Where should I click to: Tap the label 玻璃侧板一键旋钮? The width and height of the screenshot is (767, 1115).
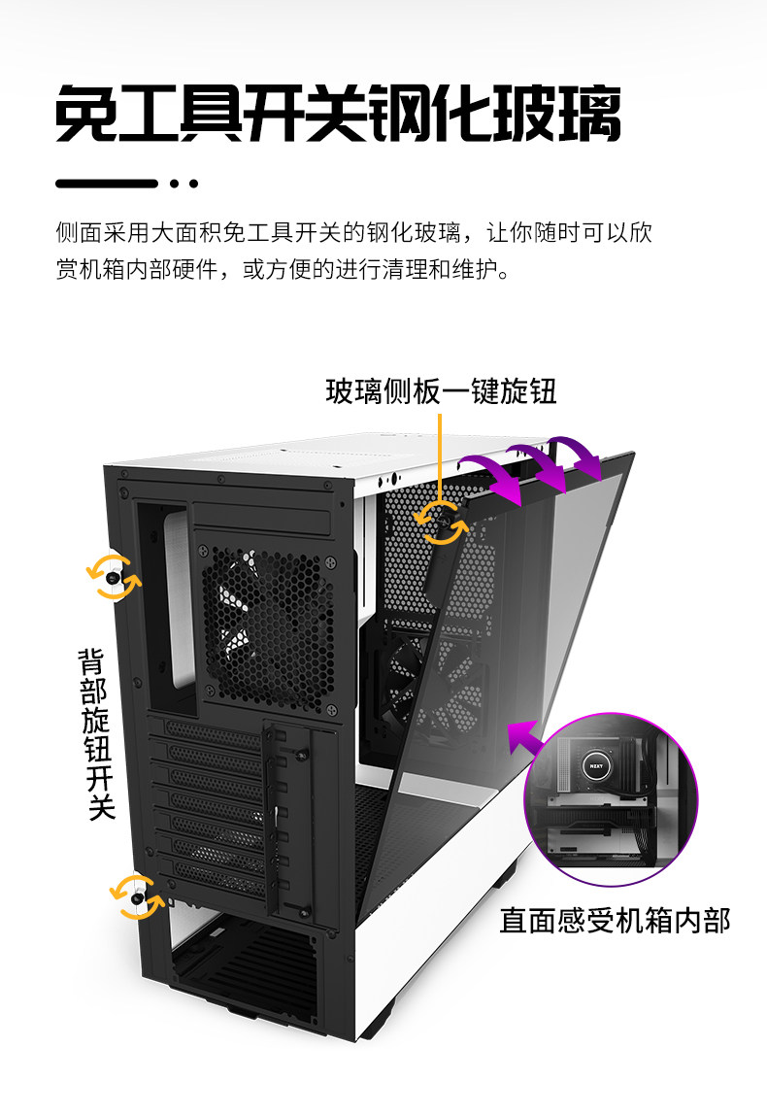[441, 391]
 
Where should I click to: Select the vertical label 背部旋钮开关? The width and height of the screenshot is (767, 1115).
[96, 733]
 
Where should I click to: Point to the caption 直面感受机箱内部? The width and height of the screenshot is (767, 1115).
[615, 920]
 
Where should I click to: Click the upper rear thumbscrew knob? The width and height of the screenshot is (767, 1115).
[115, 578]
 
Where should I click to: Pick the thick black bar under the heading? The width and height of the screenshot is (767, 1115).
[107, 184]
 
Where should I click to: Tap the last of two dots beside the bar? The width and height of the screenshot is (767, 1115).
[193, 184]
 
